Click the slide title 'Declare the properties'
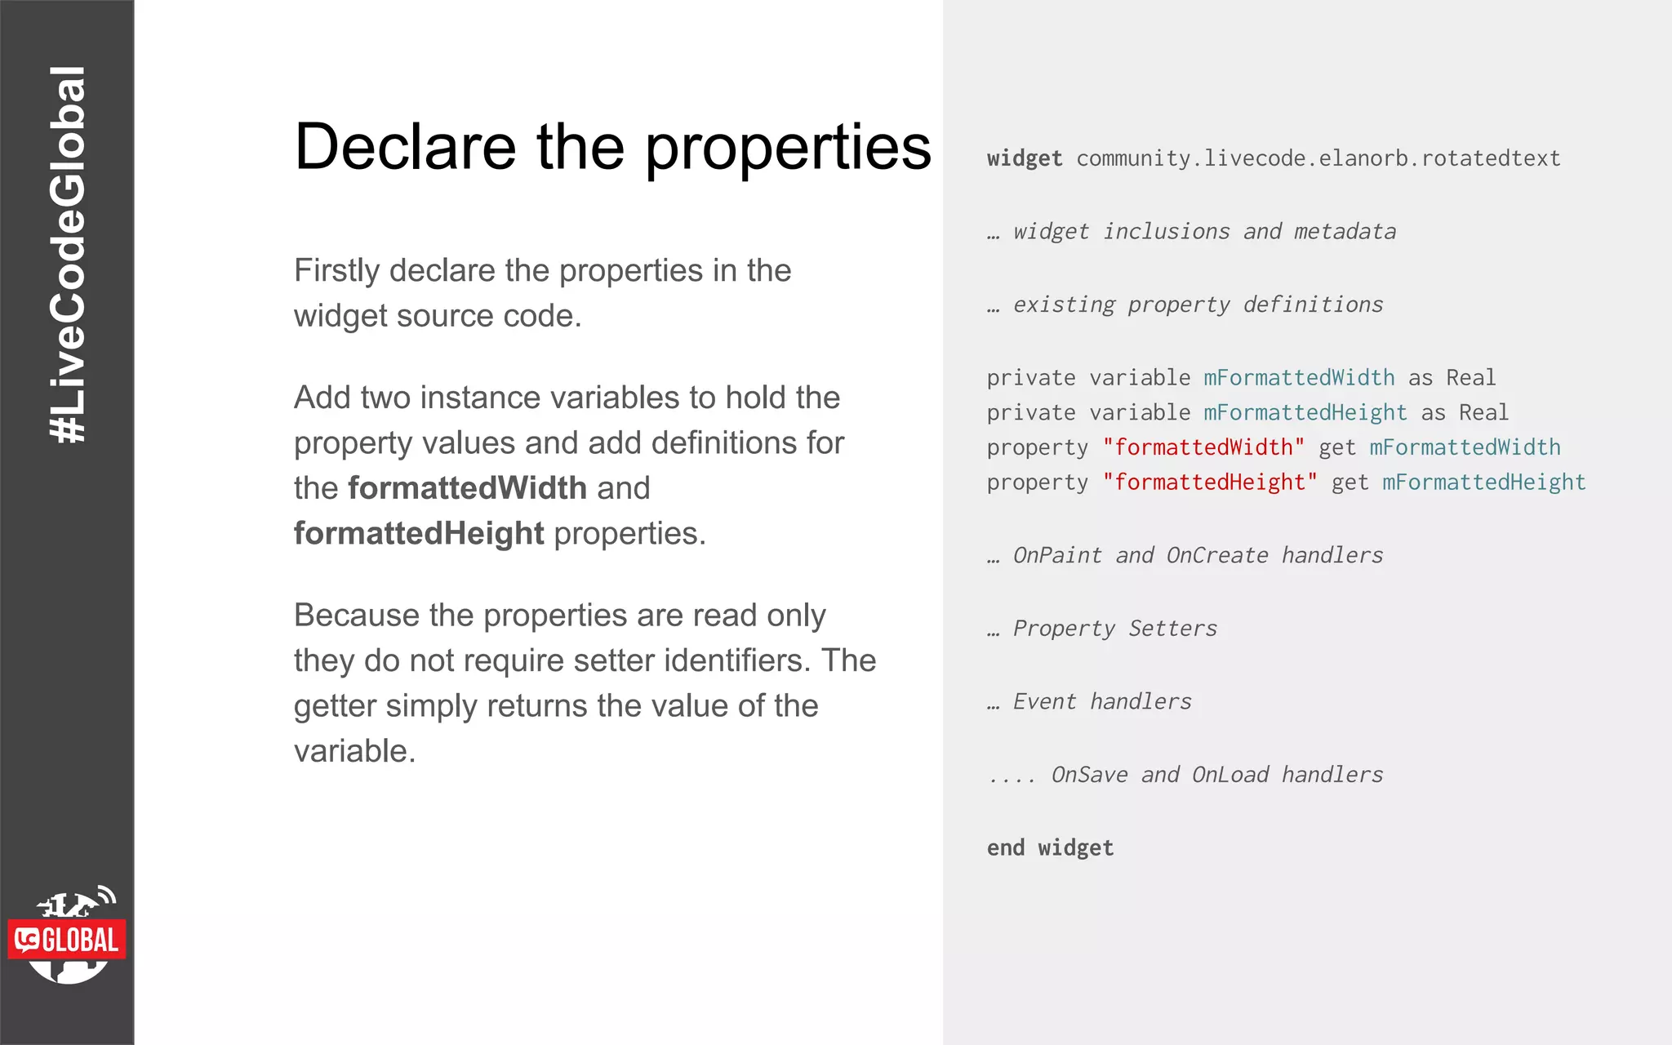coord(612,147)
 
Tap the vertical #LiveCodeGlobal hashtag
coord(68,255)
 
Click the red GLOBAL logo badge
coord(67,940)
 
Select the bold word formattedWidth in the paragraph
coord(467,488)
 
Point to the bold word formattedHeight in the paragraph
coord(418,534)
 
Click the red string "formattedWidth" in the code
coord(1203,447)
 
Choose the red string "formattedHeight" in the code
coord(1210,482)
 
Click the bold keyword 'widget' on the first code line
coord(1025,158)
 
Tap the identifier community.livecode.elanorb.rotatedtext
coord(1318,158)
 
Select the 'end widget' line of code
coord(1050,848)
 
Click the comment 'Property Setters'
coord(1114,629)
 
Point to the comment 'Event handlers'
coord(1101,702)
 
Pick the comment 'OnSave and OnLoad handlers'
coord(1216,775)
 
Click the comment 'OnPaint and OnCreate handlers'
coord(1198,556)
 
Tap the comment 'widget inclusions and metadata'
coord(1204,232)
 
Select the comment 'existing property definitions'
coord(1198,305)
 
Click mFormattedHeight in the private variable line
coord(1305,413)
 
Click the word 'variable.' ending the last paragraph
coord(354,751)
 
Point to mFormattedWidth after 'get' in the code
coord(1465,447)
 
